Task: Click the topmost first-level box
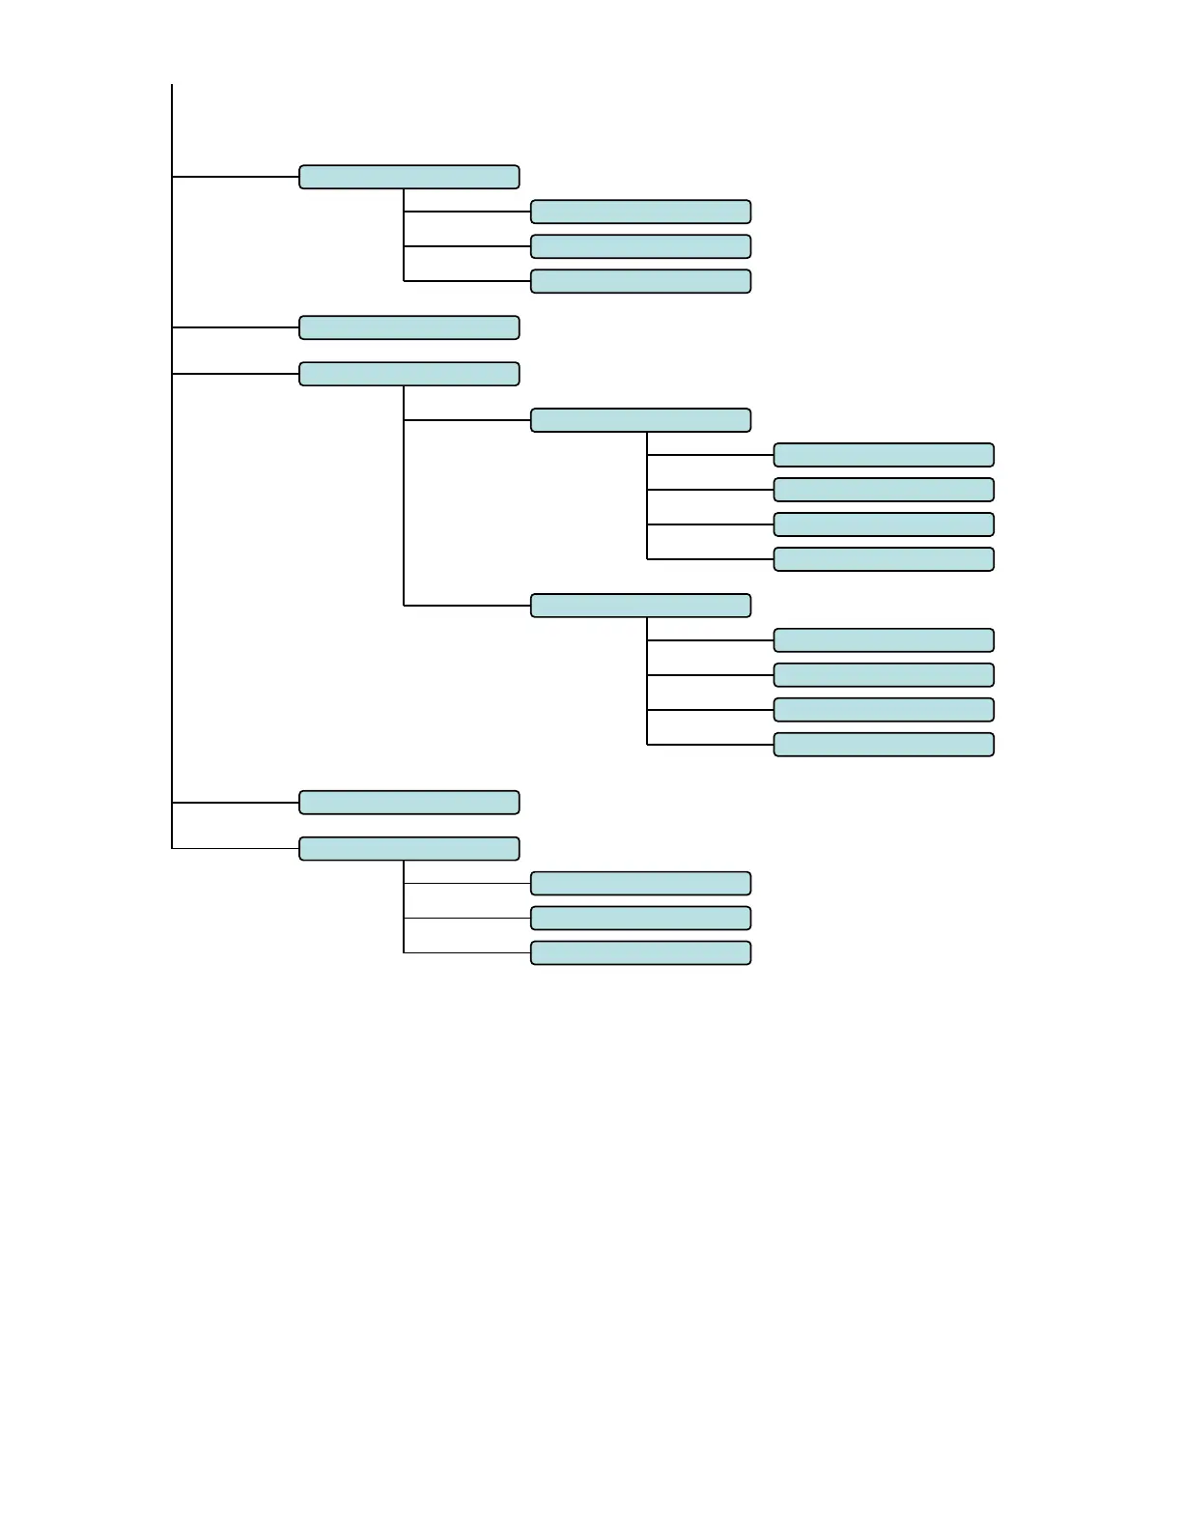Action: [408, 177]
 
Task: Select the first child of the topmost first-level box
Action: [640, 212]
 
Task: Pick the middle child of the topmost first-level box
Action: [640, 246]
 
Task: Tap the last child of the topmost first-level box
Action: [640, 281]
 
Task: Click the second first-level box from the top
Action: [408, 327]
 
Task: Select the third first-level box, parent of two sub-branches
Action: [408, 374]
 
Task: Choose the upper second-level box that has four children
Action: [640, 420]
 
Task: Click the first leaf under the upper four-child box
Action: [884, 455]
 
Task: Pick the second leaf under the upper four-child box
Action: [884, 490]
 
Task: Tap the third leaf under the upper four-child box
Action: [884, 524]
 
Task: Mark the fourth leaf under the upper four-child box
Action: [884, 559]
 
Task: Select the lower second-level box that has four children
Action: [640, 606]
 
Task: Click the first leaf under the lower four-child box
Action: [884, 640]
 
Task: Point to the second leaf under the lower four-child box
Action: [884, 675]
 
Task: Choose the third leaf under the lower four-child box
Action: [884, 710]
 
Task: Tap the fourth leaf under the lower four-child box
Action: [884, 745]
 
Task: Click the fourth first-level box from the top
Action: [408, 803]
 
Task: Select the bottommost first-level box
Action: [408, 849]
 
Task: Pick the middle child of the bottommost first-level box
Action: [640, 918]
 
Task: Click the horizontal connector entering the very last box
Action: [467, 952]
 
